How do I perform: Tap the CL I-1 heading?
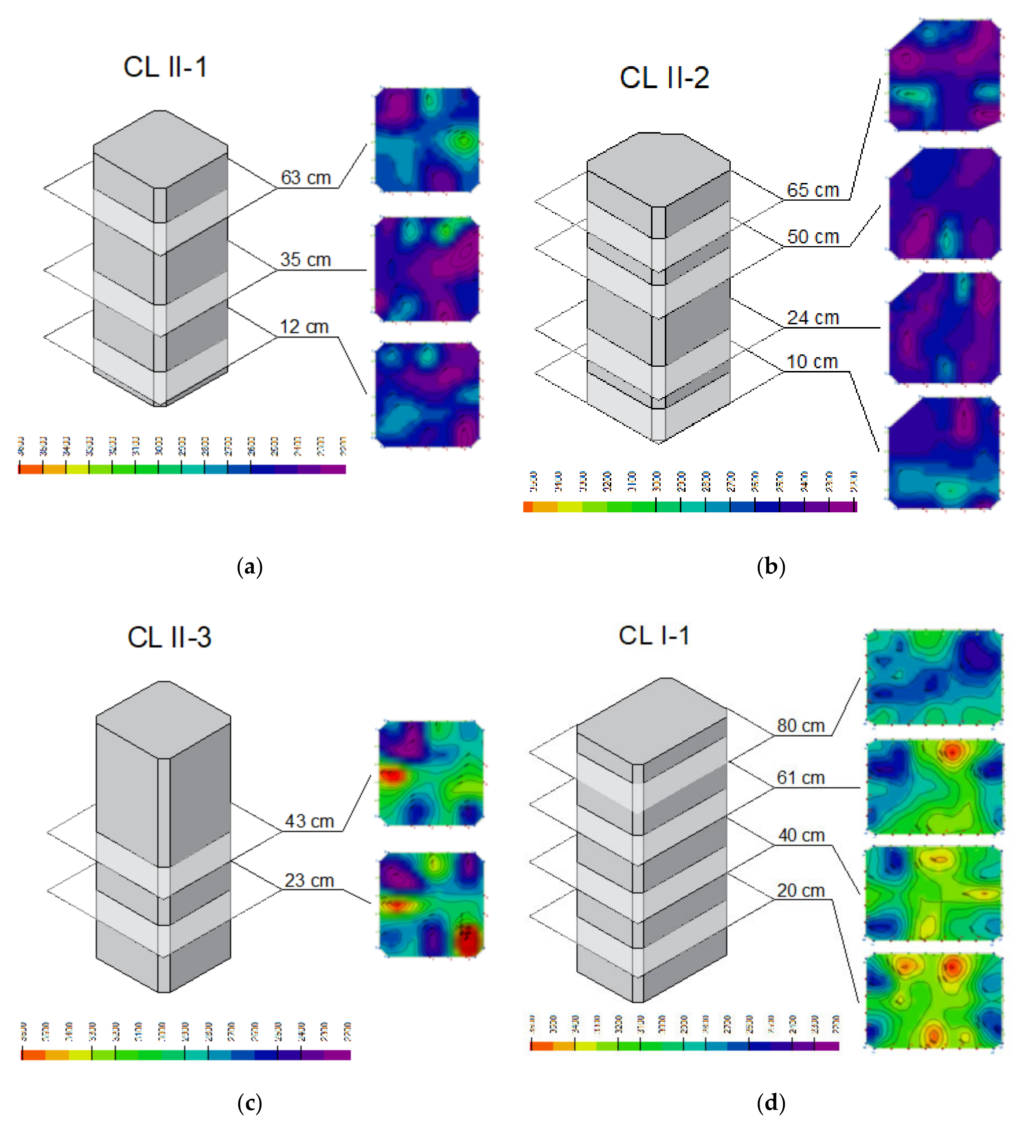point(654,636)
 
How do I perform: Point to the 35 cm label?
point(305,260)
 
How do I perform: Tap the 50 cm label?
point(813,237)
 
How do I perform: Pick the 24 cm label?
point(813,318)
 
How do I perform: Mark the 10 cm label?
point(812,362)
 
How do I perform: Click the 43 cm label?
point(309,821)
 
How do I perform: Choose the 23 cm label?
point(309,881)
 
